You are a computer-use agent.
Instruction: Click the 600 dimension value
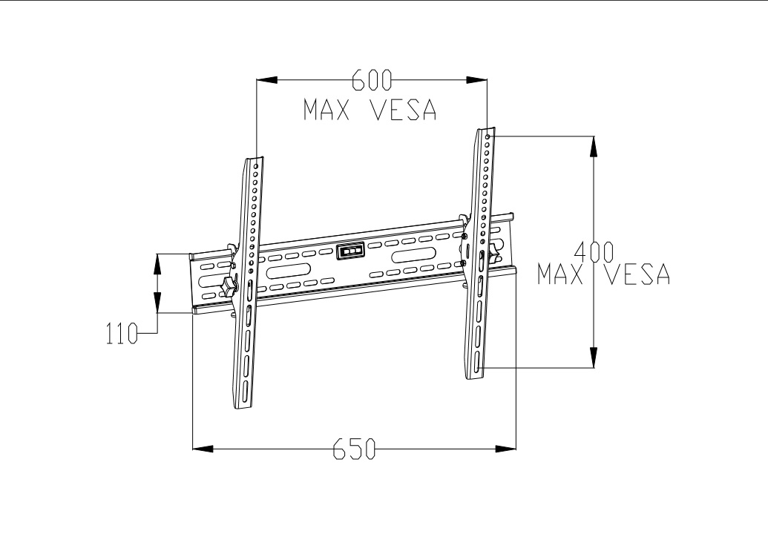click(x=372, y=80)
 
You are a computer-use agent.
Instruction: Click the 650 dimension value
click(x=354, y=449)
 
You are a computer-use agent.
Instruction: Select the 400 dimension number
click(x=593, y=252)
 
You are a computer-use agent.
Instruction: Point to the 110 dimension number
click(x=122, y=334)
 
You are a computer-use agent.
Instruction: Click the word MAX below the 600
click(x=326, y=110)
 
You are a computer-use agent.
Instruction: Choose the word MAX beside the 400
click(x=560, y=274)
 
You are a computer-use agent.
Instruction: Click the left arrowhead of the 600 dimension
click(x=267, y=80)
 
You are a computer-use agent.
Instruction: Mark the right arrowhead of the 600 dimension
click(x=476, y=80)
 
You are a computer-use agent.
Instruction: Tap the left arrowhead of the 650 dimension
click(x=203, y=448)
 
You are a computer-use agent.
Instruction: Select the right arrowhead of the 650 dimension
click(x=505, y=448)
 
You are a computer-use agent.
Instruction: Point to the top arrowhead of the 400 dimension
click(x=593, y=146)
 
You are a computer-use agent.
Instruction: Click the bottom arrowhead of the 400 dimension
click(x=593, y=357)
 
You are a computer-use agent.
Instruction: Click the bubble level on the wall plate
click(x=350, y=251)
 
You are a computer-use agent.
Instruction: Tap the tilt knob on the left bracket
click(x=229, y=286)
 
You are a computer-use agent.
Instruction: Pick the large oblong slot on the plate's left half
click(x=288, y=271)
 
